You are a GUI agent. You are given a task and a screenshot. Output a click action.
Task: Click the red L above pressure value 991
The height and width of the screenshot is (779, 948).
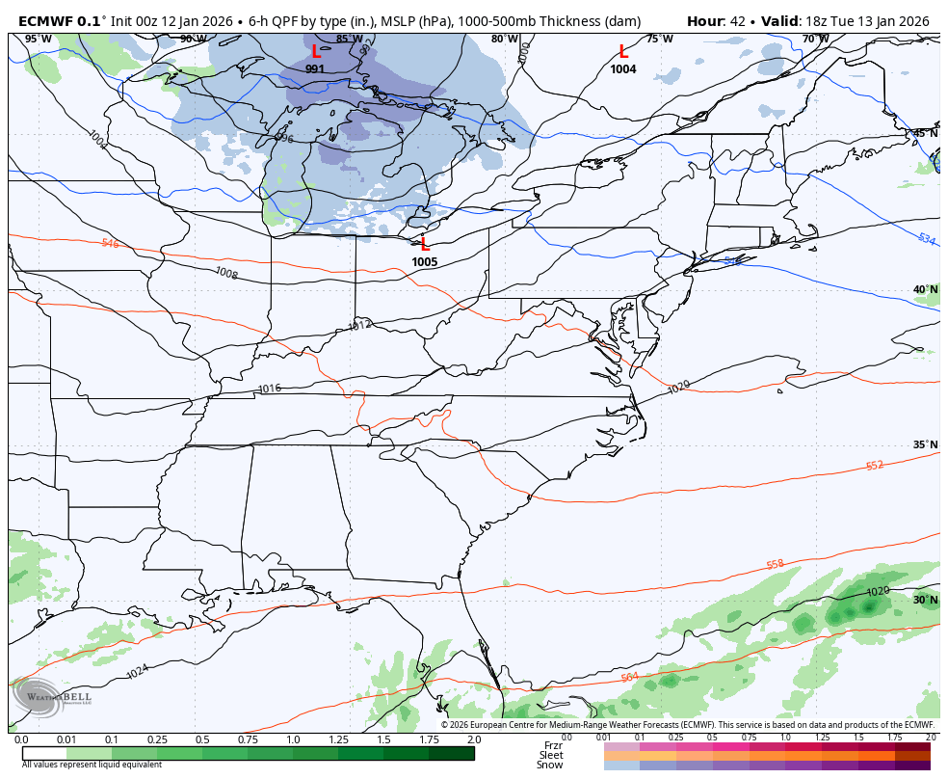click(316, 52)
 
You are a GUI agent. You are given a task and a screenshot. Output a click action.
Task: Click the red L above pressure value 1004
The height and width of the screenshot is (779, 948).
click(623, 52)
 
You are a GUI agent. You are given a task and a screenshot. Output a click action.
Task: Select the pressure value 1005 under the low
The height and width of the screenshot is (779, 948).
click(424, 262)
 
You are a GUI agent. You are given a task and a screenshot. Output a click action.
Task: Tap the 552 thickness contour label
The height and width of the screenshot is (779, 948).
click(874, 466)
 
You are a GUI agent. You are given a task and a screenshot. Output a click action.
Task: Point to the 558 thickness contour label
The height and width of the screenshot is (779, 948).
click(775, 565)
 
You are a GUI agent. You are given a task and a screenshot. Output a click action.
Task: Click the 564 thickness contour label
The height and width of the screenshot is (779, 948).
click(629, 678)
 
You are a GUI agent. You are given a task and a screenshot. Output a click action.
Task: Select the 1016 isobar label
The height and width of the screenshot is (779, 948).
click(270, 389)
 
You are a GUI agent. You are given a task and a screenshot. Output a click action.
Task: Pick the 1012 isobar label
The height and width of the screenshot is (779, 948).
click(359, 325)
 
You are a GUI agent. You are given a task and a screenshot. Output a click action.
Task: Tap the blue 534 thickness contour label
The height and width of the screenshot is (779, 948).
click(926, 239)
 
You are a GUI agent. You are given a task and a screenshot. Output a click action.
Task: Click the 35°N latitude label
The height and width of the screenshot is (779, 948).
click(925, 445)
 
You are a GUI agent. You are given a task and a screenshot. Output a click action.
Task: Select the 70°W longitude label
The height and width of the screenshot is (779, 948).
click(815, 39)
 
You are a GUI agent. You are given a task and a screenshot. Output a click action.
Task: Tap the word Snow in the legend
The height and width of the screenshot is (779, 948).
click(550, 766)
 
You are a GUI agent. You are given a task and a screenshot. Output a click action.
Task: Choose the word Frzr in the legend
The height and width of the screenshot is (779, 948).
click(552, 745)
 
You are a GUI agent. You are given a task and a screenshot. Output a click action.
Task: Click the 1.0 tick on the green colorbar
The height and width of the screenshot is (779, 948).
click(292, 739)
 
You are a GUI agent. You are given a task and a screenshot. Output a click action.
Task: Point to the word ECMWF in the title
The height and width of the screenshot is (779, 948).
click(45, 21)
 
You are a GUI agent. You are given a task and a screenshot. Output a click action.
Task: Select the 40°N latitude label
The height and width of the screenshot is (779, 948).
click(925, 289)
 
